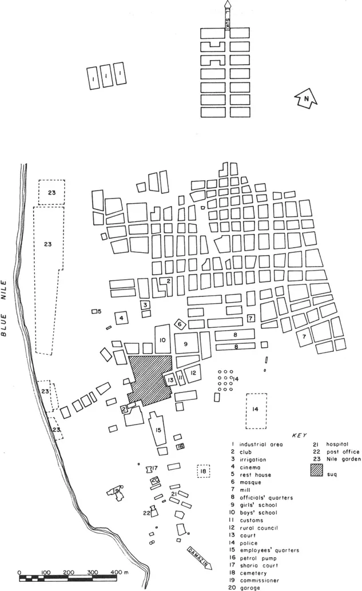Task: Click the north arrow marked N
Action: click(306, 101)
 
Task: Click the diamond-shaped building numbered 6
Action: click(179, 324)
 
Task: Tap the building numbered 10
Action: click(162, 340)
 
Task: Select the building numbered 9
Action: click(186, 343)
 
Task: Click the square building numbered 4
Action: click(122, 318)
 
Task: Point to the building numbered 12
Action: click(193, 373)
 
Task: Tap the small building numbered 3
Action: click(146, 305)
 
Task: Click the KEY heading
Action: click(300, 435)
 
